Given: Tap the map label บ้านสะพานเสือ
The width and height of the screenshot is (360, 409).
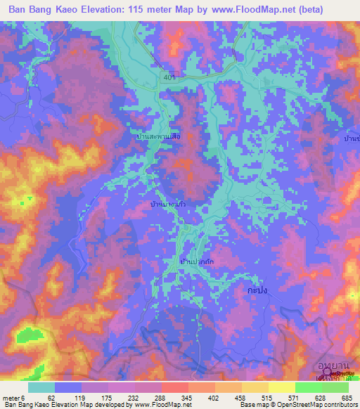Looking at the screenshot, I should click(159, 138).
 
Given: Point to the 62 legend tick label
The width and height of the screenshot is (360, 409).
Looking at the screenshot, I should click(51, 397).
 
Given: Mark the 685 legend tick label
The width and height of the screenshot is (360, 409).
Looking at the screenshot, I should click(346, 397).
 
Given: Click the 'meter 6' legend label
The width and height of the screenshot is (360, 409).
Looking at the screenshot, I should click(13, 397).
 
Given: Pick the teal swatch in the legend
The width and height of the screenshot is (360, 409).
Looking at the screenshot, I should click(41, 387).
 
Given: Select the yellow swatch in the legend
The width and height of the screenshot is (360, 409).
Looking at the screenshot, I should click(281, 387).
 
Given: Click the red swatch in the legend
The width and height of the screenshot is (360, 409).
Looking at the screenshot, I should click(174, 387).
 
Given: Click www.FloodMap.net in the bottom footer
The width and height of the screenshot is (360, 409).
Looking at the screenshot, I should click(162, 405).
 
